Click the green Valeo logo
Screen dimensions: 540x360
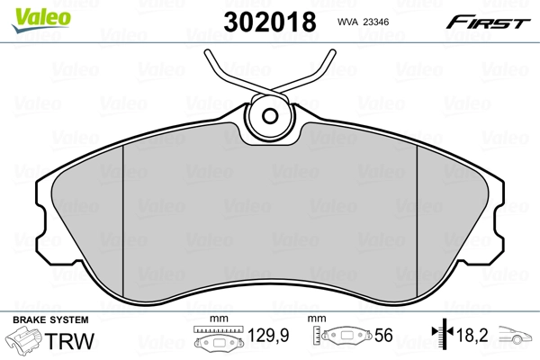point(41,21)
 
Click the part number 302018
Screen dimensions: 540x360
point(270,22)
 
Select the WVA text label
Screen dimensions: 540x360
point(347,22)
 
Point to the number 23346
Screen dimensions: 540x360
point(376,22)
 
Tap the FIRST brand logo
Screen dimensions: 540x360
point(488,22)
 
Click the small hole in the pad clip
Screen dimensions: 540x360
point(270,116)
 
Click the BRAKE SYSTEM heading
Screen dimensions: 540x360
point(50,319)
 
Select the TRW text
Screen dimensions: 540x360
point(69,341)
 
